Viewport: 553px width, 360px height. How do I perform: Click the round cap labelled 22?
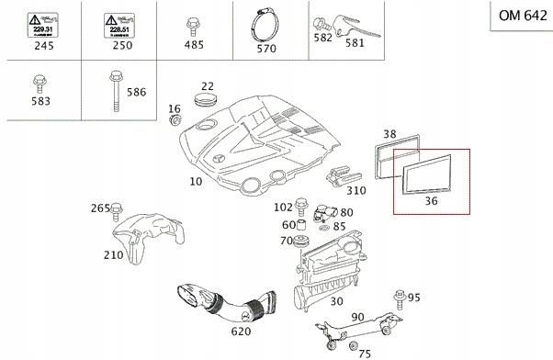208,98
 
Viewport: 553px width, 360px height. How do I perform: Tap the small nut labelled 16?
176,119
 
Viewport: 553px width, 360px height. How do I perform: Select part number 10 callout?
195,182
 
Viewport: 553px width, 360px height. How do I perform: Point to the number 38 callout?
389,134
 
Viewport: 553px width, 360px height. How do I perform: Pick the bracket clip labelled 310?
343,174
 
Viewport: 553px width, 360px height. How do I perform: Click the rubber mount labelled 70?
299,242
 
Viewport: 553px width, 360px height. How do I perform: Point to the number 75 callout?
364,353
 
